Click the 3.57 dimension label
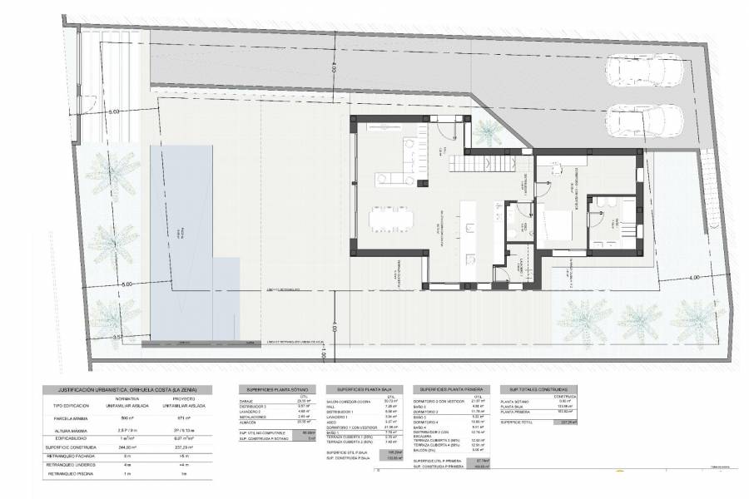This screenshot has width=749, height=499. [117, 337]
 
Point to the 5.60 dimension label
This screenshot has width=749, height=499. [113, 111]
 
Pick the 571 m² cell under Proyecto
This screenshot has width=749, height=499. [184, 418]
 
